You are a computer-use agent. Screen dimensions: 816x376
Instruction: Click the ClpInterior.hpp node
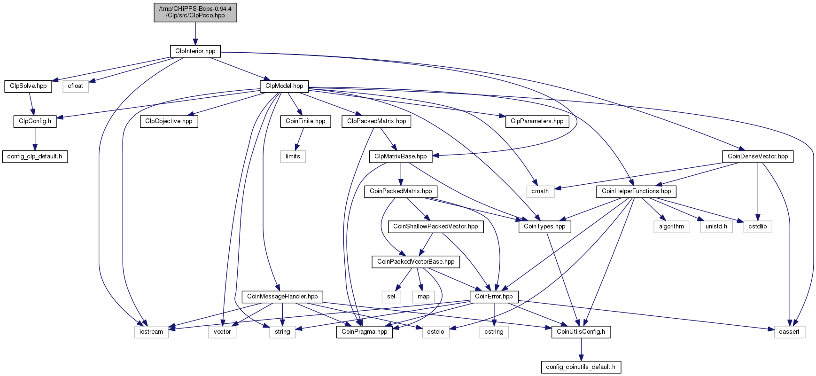point(195,51)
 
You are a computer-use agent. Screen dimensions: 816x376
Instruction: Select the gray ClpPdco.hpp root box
point(195,12)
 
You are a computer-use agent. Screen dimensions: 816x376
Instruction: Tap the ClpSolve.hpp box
point(28,86)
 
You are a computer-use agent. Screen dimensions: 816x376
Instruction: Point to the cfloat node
point(75,86)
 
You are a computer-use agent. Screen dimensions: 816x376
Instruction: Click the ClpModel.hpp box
point(284,86)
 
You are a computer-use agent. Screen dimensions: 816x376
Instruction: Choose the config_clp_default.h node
point(35,157)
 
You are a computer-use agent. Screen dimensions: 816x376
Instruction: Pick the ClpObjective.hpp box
point(169,121)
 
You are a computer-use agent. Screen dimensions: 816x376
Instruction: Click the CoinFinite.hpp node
point(305,121)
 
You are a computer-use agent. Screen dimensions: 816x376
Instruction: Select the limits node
point(293,157)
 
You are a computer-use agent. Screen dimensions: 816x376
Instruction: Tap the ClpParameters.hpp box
point(537,121)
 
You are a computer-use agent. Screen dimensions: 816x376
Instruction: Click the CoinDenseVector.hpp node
point(758,157)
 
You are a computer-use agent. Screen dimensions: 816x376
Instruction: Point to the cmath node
point(540,191)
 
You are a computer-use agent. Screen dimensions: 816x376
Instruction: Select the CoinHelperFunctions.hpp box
point(637,191)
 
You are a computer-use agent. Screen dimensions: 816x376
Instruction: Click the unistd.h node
point(716,227)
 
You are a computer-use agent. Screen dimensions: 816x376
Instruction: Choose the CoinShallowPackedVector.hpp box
point(435,227)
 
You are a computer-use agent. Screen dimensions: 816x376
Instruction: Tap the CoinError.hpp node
point(494,297)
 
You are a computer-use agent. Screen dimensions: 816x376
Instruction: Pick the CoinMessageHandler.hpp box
point(282,297)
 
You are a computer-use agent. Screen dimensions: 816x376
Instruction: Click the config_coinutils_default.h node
point(581,367)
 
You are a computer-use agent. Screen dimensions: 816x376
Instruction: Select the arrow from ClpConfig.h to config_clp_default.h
point(35,139)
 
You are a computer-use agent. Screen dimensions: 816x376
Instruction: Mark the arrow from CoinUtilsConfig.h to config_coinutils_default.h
point(581,349)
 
